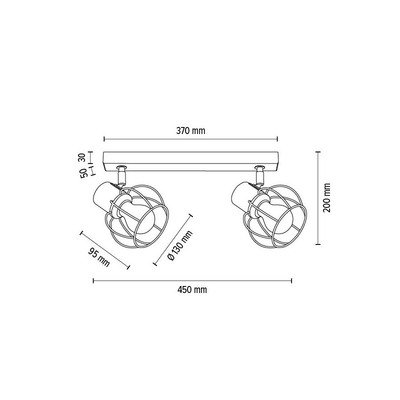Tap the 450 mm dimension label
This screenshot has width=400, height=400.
(x=193, y=290)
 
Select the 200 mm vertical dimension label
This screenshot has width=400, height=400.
(x=327, y=197)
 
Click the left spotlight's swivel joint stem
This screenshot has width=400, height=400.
(x=121, y=175)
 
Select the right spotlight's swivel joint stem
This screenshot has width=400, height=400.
(x=259, y=175)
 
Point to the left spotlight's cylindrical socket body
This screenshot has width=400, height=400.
(x=103, y=197)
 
